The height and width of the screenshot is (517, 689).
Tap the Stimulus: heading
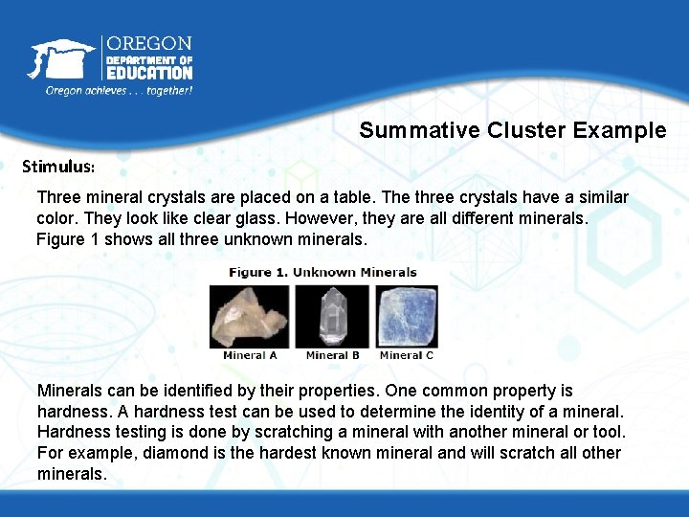click(58, 166)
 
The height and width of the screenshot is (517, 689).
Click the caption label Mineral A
click(250, 355)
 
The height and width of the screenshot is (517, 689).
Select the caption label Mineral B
click(332, 355)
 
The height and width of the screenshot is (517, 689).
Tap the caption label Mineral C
click(407, 355)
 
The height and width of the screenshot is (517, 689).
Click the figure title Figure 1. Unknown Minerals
click(322, 272)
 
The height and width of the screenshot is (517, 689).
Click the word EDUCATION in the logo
click(149, 73)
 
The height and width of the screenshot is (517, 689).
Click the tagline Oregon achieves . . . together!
click(119, 90)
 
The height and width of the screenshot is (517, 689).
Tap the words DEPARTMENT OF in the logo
click(149, 59)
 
